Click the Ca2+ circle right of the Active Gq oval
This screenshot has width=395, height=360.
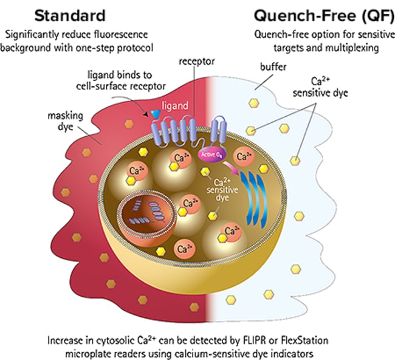(244, 157)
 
